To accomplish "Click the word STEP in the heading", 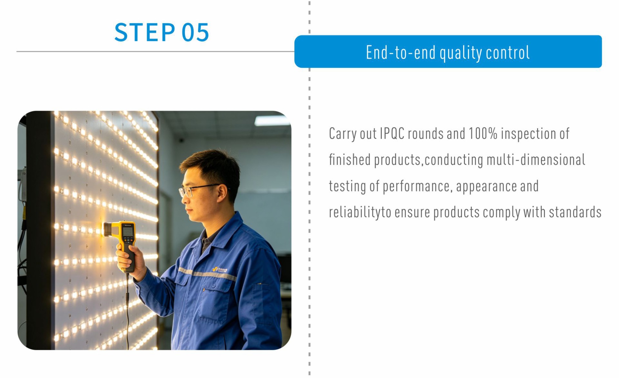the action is click(145, 32).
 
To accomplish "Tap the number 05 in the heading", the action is click(195, 32).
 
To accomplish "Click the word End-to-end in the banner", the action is click(401, 52).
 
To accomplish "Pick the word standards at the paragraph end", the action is click(575, 212).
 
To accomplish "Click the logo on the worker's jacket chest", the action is click(220, 269).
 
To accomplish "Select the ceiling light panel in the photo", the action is click(272, 120).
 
